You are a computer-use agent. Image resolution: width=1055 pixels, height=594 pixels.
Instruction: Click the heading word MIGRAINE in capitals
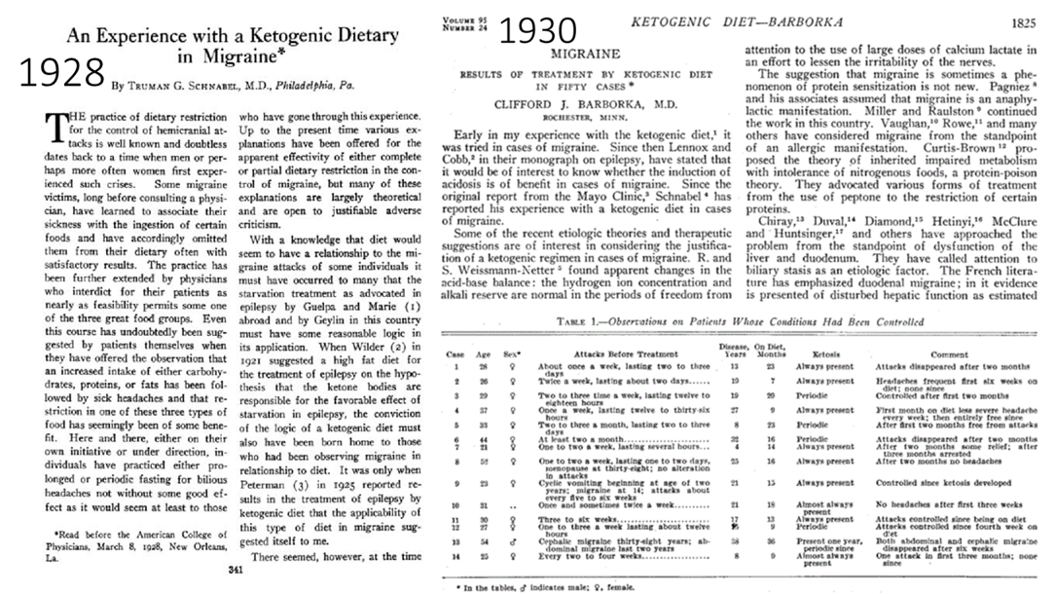tap(585, 55)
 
